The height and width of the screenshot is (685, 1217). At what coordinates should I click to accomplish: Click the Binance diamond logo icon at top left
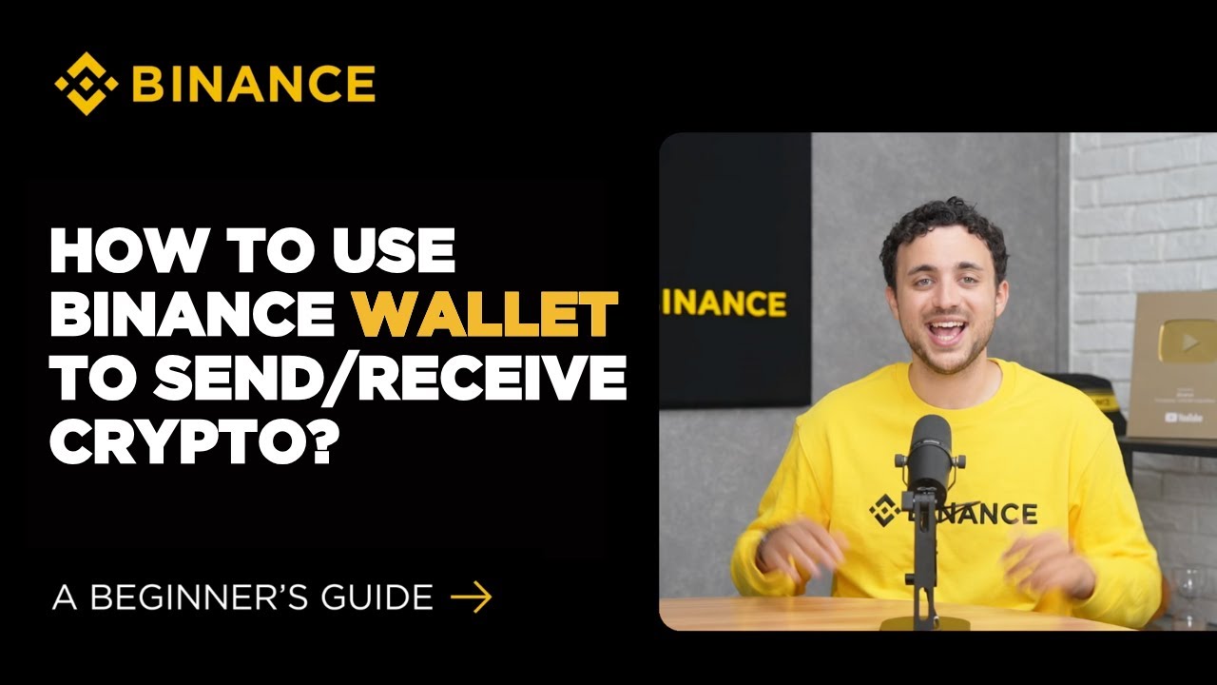point(87,84)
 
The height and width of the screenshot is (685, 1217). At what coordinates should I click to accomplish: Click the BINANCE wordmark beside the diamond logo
point(253,85)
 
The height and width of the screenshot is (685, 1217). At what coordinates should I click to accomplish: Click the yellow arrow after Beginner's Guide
point(471,597)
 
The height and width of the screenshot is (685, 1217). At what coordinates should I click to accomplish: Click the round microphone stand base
point(924,622)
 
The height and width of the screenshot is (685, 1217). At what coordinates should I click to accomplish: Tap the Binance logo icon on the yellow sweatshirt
point(885,511)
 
